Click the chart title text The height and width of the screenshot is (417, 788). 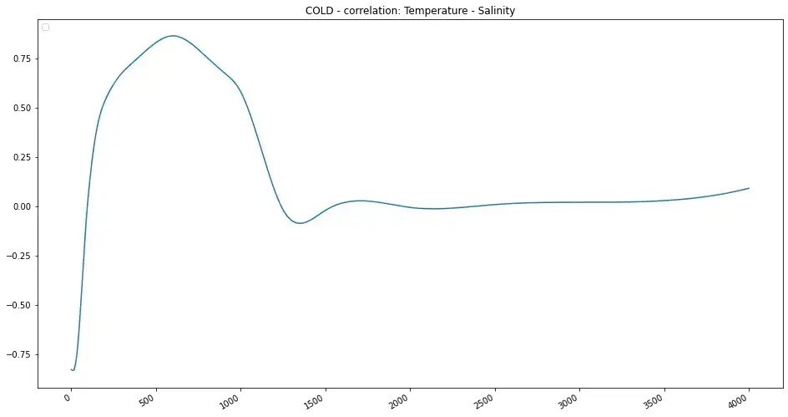410,10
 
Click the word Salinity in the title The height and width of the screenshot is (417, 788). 495,10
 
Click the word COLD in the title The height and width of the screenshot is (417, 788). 320,10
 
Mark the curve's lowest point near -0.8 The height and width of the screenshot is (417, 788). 73,370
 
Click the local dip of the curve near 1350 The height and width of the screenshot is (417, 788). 299,223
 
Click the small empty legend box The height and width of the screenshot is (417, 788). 46,28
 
